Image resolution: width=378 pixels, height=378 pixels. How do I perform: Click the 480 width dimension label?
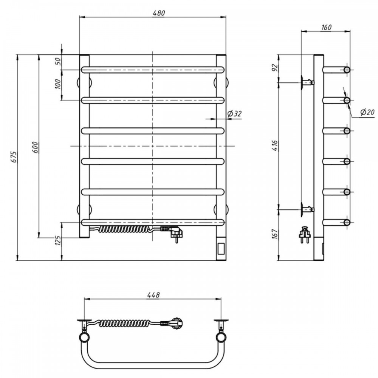tap(159, 13)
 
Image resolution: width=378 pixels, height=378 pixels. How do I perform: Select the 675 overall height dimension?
tap(14, 157)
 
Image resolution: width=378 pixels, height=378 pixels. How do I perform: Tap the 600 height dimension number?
tap(35, 147)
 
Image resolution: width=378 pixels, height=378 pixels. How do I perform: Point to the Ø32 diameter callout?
tap(234, 113)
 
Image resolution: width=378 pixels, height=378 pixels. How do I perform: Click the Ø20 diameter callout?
tap(367, 112)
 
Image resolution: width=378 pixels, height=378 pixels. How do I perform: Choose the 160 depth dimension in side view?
tap(326, 28)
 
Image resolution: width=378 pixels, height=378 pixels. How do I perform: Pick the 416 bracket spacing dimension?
tap(275, 146)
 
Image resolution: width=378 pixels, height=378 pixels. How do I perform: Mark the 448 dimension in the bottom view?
tap(153, 295)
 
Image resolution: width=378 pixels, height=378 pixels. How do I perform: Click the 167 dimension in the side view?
tap(275, 234)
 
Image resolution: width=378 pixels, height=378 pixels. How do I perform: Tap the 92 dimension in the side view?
tap(275, 68)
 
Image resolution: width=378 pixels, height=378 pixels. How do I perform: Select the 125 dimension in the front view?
tap(58, 240)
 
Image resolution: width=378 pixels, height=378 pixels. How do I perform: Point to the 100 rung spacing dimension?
tap(58, 84)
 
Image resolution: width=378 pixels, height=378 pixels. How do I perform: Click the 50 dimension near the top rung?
tap(58, 62)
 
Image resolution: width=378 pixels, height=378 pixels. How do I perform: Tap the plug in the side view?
tap(305, 234)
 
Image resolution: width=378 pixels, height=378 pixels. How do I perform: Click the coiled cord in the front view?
tap(124, 229)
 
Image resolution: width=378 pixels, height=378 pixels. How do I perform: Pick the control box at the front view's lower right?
tap(221, 249)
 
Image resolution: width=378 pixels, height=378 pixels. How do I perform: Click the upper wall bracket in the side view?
tap(307, 82)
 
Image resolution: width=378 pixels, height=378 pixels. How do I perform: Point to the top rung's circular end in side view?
tap(347, 70)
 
